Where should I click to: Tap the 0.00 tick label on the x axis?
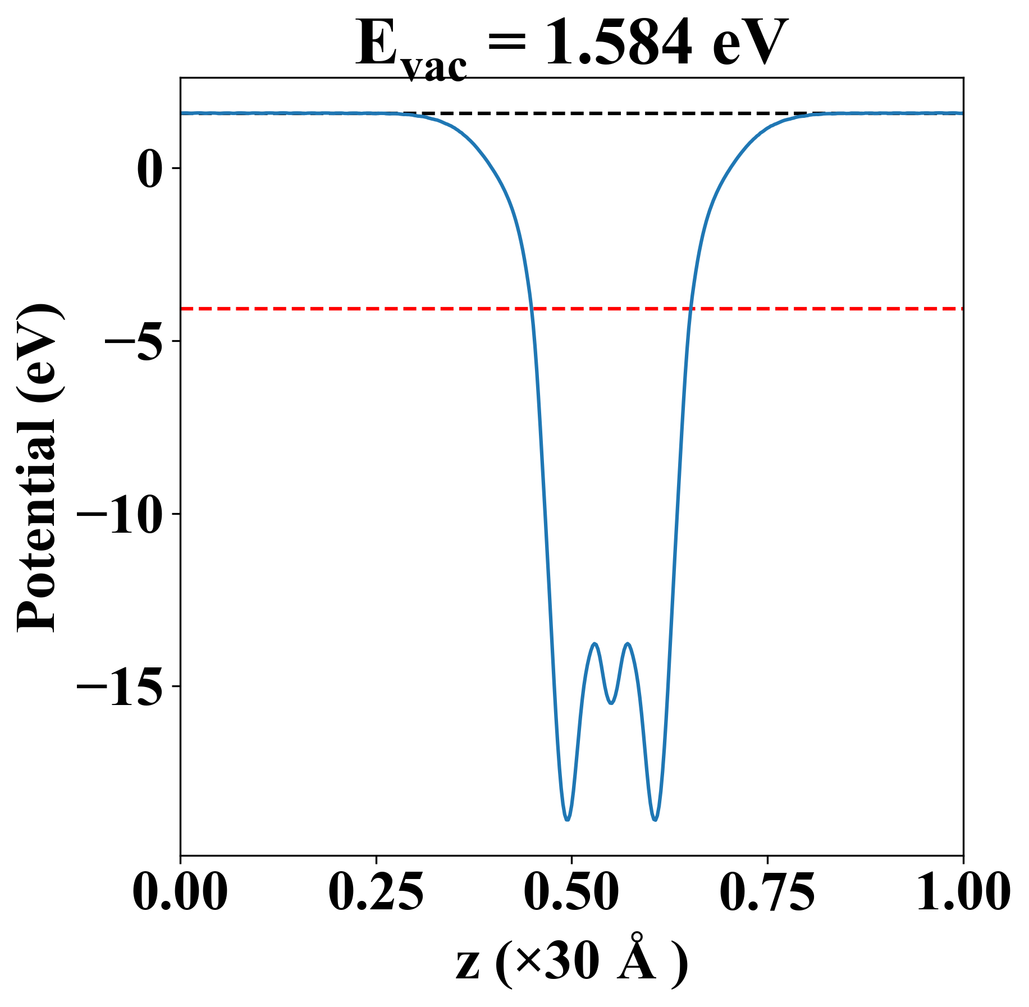click(x=180, y=892)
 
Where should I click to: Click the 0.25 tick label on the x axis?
click(x=376, y=892)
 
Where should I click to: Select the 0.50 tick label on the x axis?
click(x=571, y=892)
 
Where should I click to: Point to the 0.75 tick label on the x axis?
click(x=767, y=892)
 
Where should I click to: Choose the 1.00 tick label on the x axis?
click(x=962, y=892)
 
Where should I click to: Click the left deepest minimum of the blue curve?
click(x=568, y=820)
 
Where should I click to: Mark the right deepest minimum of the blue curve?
click(x=655, y=820)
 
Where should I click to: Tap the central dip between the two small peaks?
click(x=611, y=703)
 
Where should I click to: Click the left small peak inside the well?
click(x=595, y=644)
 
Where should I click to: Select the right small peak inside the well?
click(x=628, y=644)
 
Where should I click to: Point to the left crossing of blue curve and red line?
click(x=532, y=309)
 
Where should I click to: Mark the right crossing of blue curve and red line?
click(x=691, y=309)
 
